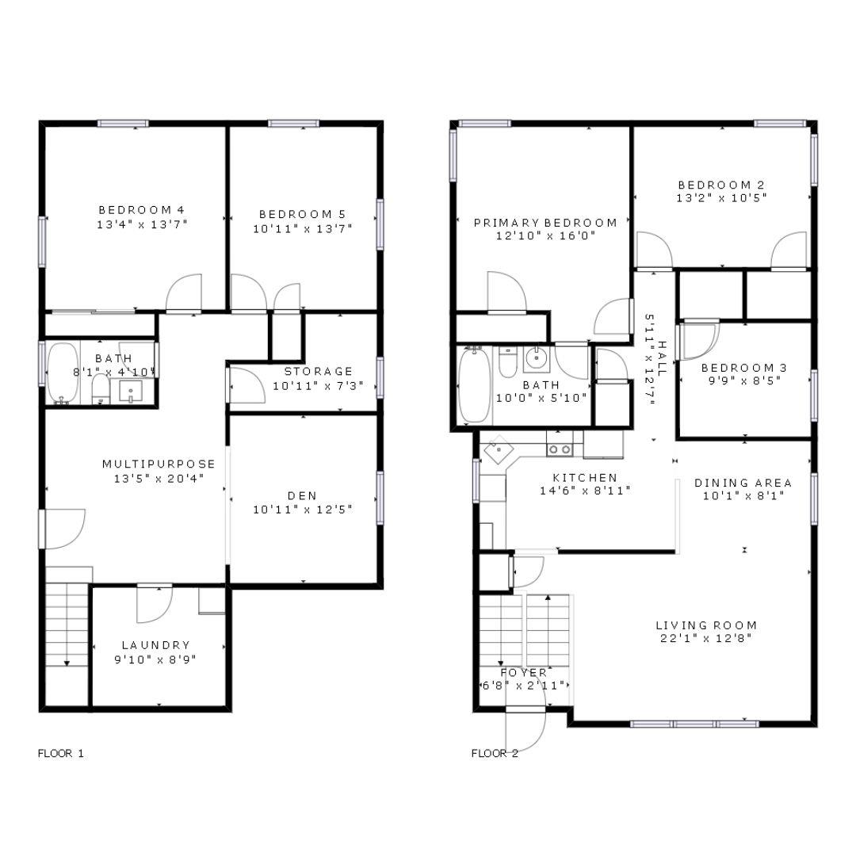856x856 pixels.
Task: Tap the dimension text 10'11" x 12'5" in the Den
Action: [x=302, y=510]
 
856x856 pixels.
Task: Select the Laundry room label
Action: [x=155, y=645]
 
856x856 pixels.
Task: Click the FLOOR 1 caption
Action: [x=61, y=753]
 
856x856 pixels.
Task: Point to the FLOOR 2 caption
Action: [x=495, y=753]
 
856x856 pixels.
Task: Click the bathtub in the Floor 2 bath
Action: [x=475, y=386]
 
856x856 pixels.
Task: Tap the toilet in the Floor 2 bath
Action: [x=508, y=362]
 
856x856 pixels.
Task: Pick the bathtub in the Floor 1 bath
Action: [x=62, y=373]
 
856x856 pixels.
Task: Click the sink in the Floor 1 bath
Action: [x=129, y=390]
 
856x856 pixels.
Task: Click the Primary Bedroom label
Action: [x=545, y=223]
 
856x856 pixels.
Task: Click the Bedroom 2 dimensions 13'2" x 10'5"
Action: [x=721, y=198]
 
